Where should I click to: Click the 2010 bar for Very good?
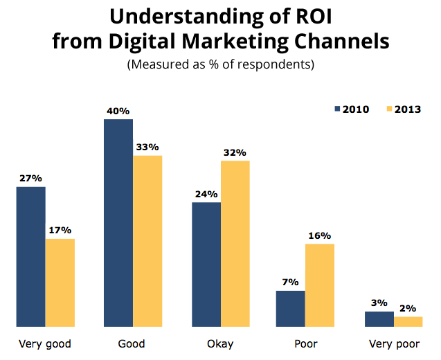[x=30, y=256]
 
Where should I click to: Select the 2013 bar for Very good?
[x=60, y=282]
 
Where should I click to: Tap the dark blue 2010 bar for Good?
[x=118, y=222]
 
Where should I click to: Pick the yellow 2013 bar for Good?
[x=147, y=241]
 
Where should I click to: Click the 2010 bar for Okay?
[x=206, y=264]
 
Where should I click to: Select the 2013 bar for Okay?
[x=235, y=243]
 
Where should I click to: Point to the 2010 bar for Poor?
[x=290, y=308]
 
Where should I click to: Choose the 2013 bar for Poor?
[x=319, y=285]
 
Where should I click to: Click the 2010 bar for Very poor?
[x=379, y=318]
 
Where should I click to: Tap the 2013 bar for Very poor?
[x=408, y=321]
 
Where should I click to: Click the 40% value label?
[x=118, y=111]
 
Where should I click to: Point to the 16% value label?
[x=320, y=235]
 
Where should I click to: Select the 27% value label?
[x=30, y=178]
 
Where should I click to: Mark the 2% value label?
[x=408, y=308]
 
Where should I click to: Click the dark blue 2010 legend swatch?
[x=338, y=109]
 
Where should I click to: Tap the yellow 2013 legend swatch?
[x=388, y=109]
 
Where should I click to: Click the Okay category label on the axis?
[x=221, y=343]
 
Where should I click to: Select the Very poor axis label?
[x=393, y=343]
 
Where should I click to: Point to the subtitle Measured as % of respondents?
[x=220, y=65]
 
